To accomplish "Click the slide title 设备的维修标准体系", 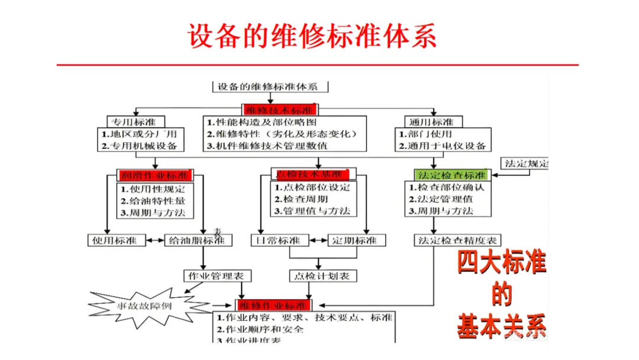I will coord(312,36).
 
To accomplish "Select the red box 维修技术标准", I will coord(279,110).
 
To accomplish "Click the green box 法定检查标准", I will coord(452,175).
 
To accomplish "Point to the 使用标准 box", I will coord(115,240).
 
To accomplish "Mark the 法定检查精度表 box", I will coord(457,240).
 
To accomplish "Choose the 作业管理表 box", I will coord(217,276).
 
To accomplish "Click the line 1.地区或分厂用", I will coord(139,134).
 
